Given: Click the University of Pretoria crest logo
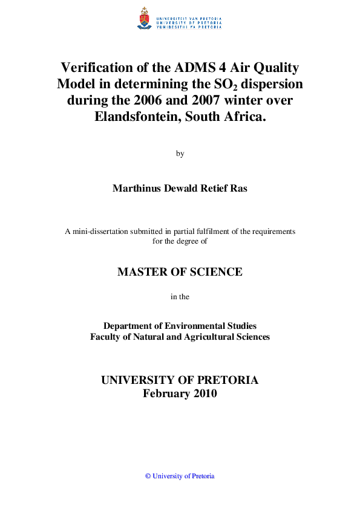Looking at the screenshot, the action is (145, 19).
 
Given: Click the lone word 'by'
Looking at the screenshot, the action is (180, 154).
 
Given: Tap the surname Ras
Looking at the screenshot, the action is (237, 188).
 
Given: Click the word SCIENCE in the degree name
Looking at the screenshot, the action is (213, 272).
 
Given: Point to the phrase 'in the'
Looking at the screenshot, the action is (180, 297).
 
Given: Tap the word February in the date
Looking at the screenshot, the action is (167, 394).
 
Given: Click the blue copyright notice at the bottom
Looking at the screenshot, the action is (180, 476).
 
